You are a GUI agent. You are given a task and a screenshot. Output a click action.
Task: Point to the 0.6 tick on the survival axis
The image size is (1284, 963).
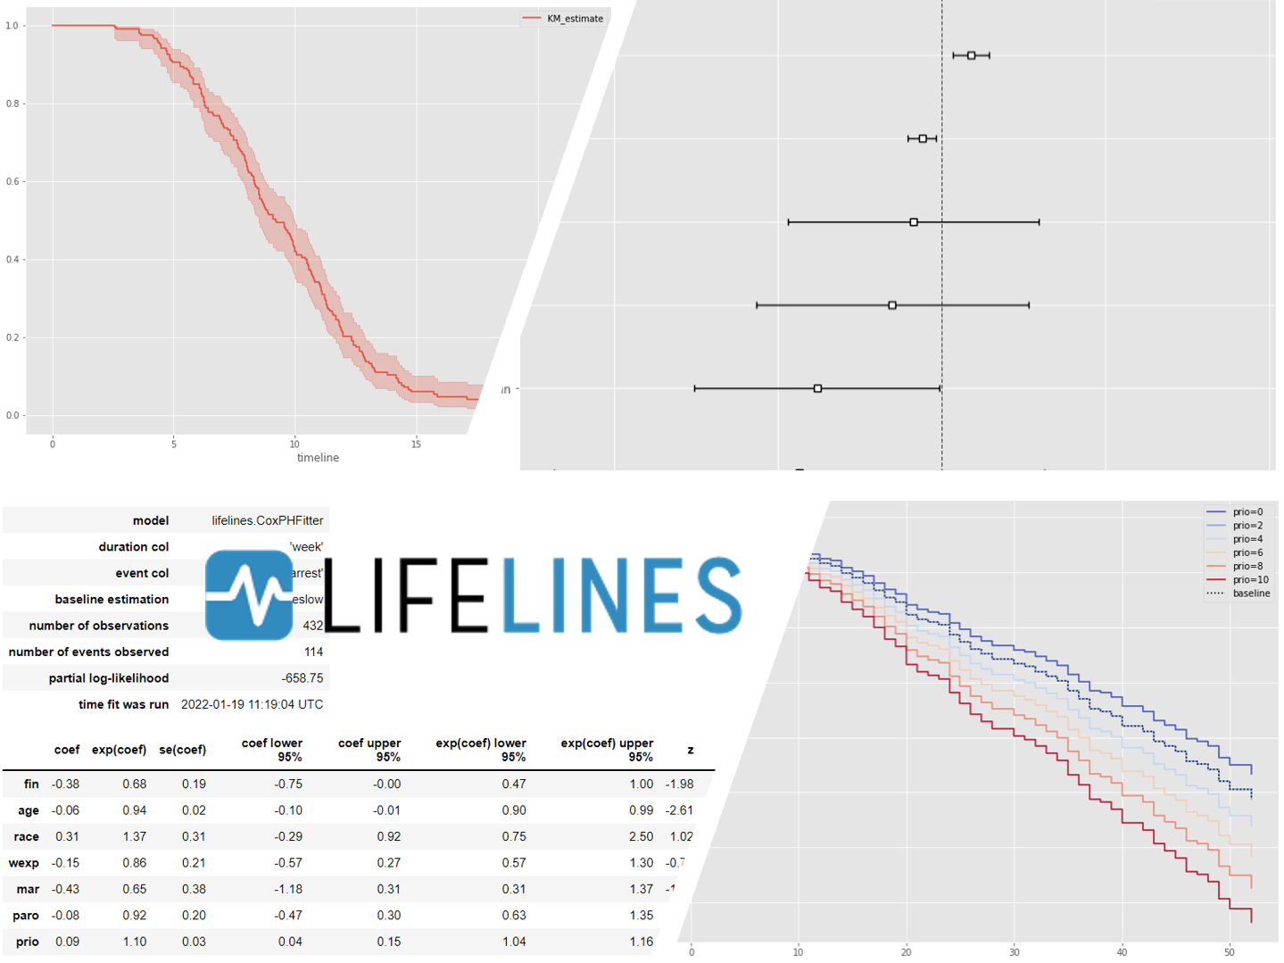(12, 181)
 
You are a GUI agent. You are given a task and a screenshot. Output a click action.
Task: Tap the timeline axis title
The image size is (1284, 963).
(318, 458)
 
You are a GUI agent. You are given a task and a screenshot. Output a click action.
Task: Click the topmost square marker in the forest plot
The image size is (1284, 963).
(971, 55)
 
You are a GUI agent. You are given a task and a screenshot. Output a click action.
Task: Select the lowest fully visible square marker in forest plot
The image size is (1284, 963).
(817, 388)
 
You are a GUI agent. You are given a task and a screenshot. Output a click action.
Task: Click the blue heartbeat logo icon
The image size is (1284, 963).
(249, 595)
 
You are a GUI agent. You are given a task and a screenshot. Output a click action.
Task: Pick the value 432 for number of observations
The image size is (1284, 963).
(313, 626)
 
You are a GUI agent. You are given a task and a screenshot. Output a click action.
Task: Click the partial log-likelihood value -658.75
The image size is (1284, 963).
(302, 678)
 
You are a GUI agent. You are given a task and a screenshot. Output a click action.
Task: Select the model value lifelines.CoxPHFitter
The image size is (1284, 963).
(267, 520)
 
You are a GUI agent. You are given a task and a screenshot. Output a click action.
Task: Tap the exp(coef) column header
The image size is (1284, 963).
(119, 750)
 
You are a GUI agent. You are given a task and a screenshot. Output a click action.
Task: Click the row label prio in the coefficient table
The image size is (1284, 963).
(27, 942)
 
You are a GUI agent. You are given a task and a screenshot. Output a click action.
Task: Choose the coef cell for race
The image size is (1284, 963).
(67, 836)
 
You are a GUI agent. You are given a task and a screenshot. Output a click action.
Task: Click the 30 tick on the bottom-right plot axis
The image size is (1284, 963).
(1015, 952)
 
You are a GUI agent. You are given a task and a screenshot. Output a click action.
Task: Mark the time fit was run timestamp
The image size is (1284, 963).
(252, 704)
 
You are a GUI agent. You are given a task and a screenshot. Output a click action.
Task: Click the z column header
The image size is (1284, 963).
(690, 750)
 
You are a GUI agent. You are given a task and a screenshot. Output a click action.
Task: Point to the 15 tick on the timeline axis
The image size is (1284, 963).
(416, 444)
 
